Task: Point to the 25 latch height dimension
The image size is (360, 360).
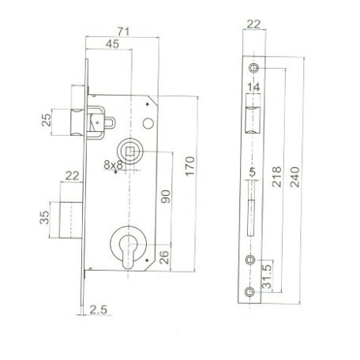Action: (x=47, y=122)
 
